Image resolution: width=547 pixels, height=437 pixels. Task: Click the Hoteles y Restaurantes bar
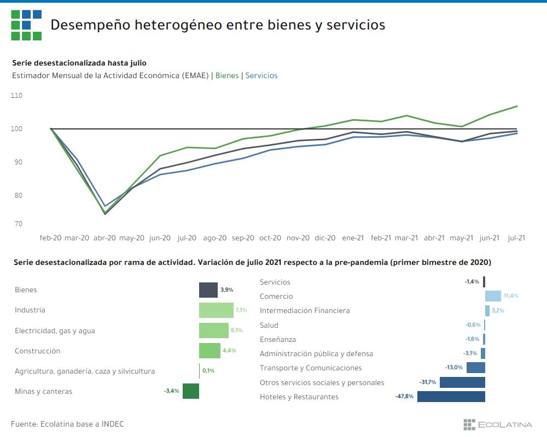[x=451, y=397]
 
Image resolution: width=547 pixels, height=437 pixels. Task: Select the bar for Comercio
[x=493, y=296]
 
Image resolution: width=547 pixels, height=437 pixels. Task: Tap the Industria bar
[x=216, y=310]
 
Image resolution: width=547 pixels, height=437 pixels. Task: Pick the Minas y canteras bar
[x=190, y=391]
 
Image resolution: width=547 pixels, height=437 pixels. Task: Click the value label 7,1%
[x=241, y=310]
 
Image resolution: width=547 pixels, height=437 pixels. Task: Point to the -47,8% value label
[x=405, y=397]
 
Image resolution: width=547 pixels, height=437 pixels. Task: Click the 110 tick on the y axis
[x=16, y=96]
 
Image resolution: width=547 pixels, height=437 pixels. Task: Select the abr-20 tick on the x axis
[x=105, y=238]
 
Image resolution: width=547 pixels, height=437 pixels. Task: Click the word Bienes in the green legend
[x=227, y=76]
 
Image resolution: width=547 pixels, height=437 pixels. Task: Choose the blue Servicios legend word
[x=261, y=76]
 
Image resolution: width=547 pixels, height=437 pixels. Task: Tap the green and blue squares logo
[x=26, y=25]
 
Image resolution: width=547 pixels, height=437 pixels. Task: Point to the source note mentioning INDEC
[x=67, y=424]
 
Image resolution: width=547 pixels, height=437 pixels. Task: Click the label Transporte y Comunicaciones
[x=311, y=368]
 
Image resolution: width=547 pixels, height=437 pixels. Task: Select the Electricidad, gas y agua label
[x=59, y=330]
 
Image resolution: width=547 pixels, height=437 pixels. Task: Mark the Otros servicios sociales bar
[x=462, y=382]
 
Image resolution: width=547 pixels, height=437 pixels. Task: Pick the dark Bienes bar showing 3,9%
[x=208, y=290]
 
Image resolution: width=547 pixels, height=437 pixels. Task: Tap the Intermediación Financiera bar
[x=487, y=310]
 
